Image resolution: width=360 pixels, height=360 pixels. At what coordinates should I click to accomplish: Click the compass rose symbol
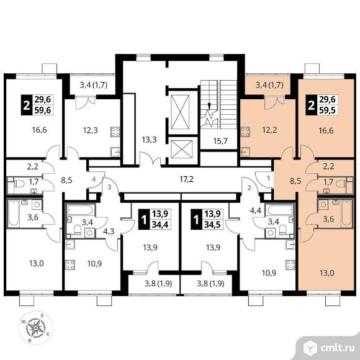[35, 328]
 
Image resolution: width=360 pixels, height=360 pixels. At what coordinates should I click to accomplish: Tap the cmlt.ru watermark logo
[328, 348]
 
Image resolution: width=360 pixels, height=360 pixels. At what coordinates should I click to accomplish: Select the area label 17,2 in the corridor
[186, 179]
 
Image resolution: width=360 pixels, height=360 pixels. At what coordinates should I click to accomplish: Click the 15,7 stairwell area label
[220, 141]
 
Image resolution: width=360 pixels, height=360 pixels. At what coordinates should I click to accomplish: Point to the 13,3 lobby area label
[149, 140]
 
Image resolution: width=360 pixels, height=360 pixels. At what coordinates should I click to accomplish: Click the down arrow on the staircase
[209, 106]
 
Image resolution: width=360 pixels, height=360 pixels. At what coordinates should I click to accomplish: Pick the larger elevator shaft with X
[181, 112]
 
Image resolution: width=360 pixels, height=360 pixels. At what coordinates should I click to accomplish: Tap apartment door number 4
[94, 179]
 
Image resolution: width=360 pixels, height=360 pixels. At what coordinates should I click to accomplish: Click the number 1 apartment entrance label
[268, 178]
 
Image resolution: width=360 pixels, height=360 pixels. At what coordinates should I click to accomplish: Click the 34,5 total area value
[213, 225]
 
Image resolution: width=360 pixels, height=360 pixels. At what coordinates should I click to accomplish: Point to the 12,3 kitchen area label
[90, 130]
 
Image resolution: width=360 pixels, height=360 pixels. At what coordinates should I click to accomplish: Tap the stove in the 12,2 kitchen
[245, 132]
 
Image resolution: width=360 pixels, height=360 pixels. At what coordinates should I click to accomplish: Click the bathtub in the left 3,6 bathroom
[13, 213]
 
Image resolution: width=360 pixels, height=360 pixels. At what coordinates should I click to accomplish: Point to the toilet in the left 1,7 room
[19, 184]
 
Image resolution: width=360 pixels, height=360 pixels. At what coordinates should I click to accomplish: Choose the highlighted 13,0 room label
[326, 273]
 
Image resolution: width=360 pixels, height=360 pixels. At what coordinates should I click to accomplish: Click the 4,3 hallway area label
[109, 231]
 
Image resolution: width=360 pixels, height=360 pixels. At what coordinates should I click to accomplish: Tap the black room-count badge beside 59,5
[311, 106]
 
